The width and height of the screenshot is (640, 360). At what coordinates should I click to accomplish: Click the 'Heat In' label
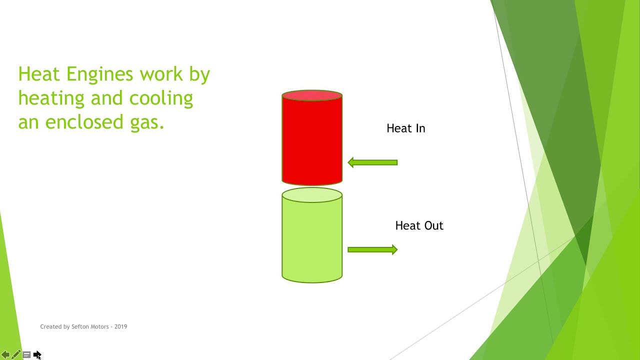tap(405, 128)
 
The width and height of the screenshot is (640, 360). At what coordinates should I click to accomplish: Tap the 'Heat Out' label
tap(419, 225)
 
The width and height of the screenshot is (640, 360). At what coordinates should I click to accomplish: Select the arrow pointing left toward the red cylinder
tap(372, 162)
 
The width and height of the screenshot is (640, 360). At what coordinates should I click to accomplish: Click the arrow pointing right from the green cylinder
tap(372, 249)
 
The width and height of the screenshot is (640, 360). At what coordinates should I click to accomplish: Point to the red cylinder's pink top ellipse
tap(312, 95)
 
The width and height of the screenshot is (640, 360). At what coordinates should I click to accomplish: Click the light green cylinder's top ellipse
tap(312, 195)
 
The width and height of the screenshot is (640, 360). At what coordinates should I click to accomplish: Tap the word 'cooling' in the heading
tap(161, 98)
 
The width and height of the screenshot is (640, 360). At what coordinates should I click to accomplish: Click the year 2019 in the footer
tap(120, 326)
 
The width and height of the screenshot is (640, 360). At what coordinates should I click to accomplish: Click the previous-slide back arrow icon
tap(5, 355)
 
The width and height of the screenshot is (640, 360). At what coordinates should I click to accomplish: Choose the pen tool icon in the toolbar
tap(16, 355)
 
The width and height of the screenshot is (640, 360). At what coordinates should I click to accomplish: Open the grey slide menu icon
tap(26, 355)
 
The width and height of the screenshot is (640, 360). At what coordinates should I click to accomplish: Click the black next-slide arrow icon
tap(37, 355)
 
